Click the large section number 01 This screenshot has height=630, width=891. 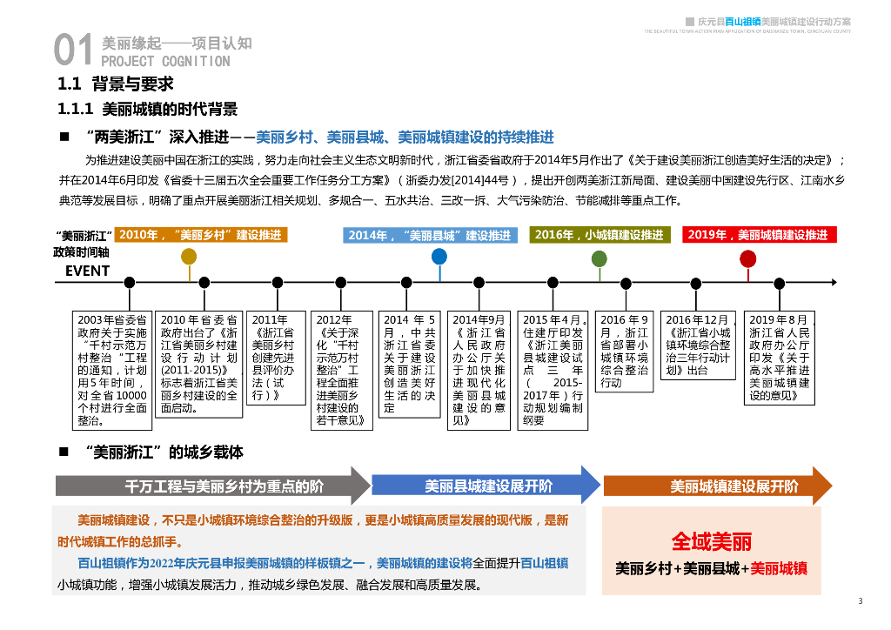[x=72, y=51]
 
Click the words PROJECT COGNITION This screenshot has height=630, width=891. [x=165, y=62]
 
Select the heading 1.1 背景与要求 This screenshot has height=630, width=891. [x=116, y=84]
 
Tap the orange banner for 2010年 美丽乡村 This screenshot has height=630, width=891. [x=201, y=235]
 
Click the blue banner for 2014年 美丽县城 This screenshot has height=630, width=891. [x=430, y=235]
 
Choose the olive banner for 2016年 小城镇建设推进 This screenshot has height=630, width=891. [x=600, y=235]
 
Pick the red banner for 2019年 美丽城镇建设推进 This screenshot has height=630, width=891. [x=759, y=235]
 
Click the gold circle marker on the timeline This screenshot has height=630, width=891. [x=189, y=257]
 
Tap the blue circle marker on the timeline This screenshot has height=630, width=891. [x=439, y=257]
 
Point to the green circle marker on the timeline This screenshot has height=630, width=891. [x=600, y=258]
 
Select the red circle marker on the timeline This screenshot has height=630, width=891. [x=748, y=258]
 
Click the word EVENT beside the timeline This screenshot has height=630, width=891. [x=88, y=271]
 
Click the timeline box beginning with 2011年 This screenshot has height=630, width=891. [x=276, y=357]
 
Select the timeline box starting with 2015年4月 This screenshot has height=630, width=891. [x=553, y=370]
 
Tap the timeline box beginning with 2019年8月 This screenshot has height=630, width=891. [x=780, y=358]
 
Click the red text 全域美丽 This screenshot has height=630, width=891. [x=711, y=542]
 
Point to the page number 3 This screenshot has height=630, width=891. [x=860, y=601]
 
